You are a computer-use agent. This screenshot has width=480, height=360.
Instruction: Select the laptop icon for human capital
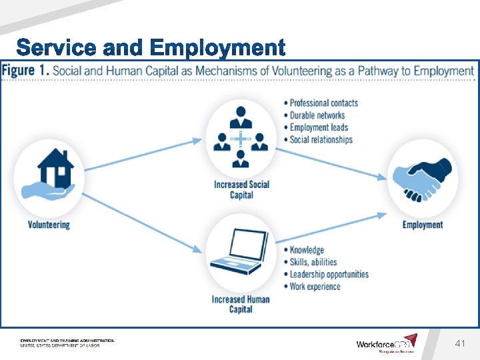point(240,251)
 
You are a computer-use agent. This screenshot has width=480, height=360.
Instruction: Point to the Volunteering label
point(49,225)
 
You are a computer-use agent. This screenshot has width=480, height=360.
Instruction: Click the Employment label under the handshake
point(423,225)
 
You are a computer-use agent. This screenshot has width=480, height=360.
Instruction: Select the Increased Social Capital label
point(241,189)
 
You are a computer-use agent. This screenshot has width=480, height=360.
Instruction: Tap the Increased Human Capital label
point(241,304)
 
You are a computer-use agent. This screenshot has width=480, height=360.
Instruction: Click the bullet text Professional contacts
point(324,103)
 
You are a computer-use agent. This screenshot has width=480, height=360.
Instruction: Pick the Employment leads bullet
point(319,127)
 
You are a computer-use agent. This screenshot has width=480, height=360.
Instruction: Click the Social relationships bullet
point(321,139)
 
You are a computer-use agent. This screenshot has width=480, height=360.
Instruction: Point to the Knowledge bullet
point(307,250)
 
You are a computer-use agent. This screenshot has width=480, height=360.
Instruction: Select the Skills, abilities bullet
point(313,262)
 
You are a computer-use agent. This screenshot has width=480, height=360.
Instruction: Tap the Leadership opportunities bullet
point(329,274)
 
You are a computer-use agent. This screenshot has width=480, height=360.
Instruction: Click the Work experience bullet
point(315,287)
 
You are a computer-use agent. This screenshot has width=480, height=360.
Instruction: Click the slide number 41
point(459,343)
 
